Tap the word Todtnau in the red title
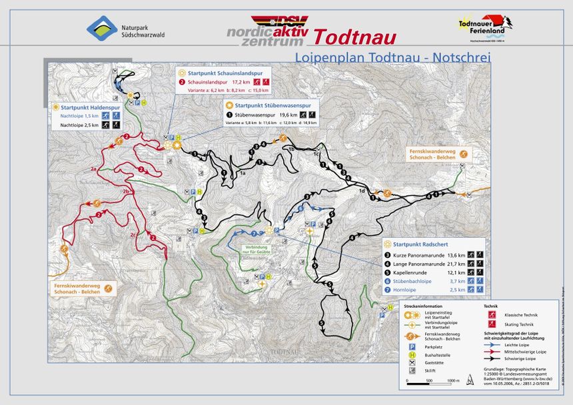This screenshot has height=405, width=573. click(x=354, y=36)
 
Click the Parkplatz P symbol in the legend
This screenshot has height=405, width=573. click(x=412, y=346)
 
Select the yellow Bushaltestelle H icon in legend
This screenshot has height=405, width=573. click(x=412, y=355)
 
